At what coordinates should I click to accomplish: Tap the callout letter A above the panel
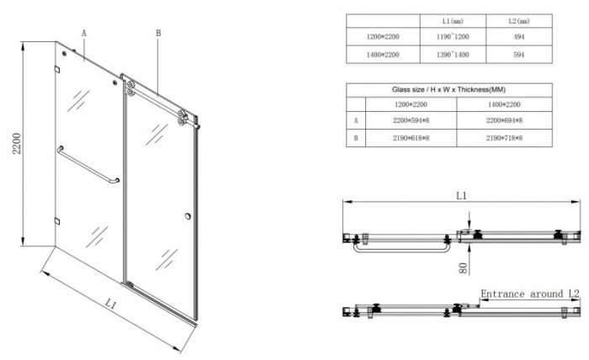pos(84,33)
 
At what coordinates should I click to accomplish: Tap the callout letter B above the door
pos(157,33)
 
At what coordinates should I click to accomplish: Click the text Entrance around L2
pos(530,294)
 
